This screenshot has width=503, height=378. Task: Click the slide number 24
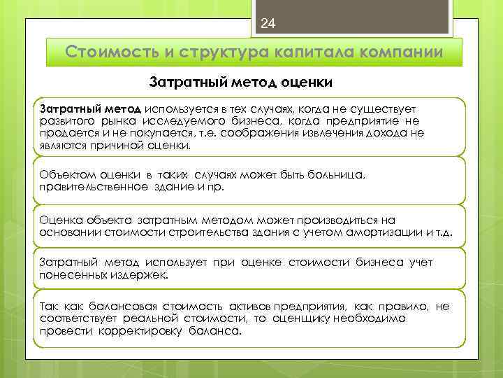click(x=268, y=24)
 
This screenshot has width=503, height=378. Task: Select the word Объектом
click(x=67, y=174)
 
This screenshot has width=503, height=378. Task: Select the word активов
click(x=250, y=307)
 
